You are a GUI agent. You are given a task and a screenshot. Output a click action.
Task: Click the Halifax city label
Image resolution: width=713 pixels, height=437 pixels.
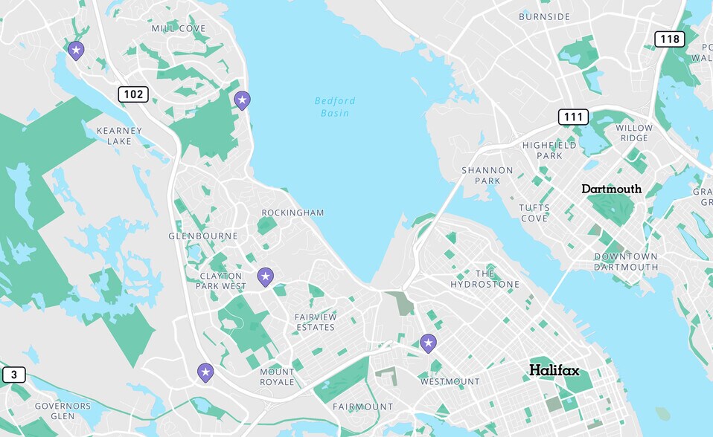(554, 370)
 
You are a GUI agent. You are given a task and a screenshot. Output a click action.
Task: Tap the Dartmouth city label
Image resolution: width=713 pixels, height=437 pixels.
(611, 189)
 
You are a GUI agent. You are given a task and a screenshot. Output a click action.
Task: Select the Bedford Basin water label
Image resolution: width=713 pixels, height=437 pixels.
(335, 106)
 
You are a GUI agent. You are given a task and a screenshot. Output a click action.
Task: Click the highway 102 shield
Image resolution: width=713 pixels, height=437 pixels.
(132, 94)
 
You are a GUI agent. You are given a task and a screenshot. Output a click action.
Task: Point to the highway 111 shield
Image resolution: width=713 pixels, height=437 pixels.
(573, 117)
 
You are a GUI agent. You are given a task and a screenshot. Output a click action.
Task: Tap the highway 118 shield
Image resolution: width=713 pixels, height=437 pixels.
(669, 39)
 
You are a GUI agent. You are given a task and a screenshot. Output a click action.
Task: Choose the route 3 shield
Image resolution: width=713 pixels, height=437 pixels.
(13, 375)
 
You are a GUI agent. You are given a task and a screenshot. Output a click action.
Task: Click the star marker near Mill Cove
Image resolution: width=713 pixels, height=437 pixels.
(76, 51)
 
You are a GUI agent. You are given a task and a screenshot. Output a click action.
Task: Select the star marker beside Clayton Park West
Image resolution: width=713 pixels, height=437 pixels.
(265, 277)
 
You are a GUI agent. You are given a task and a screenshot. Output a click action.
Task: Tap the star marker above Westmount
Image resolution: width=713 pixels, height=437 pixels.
(428, 343)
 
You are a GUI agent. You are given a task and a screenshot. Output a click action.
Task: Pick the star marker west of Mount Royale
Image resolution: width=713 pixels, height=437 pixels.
(205, 372)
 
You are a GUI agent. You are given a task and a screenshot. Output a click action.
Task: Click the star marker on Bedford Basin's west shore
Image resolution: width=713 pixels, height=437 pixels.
(242, 100)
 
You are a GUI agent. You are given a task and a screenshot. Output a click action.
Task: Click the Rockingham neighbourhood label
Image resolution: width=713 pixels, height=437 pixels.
(292, 213)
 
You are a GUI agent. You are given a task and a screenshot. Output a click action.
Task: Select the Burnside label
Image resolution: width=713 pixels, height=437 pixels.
(544, 16)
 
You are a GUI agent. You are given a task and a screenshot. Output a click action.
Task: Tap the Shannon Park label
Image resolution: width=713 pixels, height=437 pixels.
(487, 175)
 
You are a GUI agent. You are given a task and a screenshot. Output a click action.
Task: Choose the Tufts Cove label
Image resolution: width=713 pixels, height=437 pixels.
(534, 213)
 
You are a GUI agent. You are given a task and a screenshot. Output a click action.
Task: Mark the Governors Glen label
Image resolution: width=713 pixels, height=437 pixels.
(63, 411)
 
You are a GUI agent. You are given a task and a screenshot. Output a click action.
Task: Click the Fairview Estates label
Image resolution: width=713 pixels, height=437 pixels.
(316, 322)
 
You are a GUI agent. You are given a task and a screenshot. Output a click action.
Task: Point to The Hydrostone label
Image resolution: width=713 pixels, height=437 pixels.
(485, 279)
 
